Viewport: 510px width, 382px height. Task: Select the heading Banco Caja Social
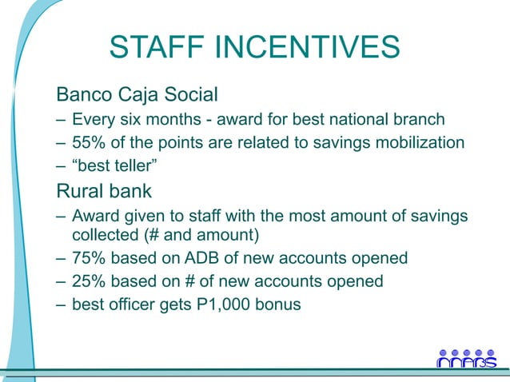click(137, 96)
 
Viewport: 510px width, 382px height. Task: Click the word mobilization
click(421, 143)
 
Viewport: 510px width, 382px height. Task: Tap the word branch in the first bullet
click(420, 121)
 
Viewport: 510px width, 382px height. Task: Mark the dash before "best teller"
click(61, 165)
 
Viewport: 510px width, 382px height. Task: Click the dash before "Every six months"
click(61, 121)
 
